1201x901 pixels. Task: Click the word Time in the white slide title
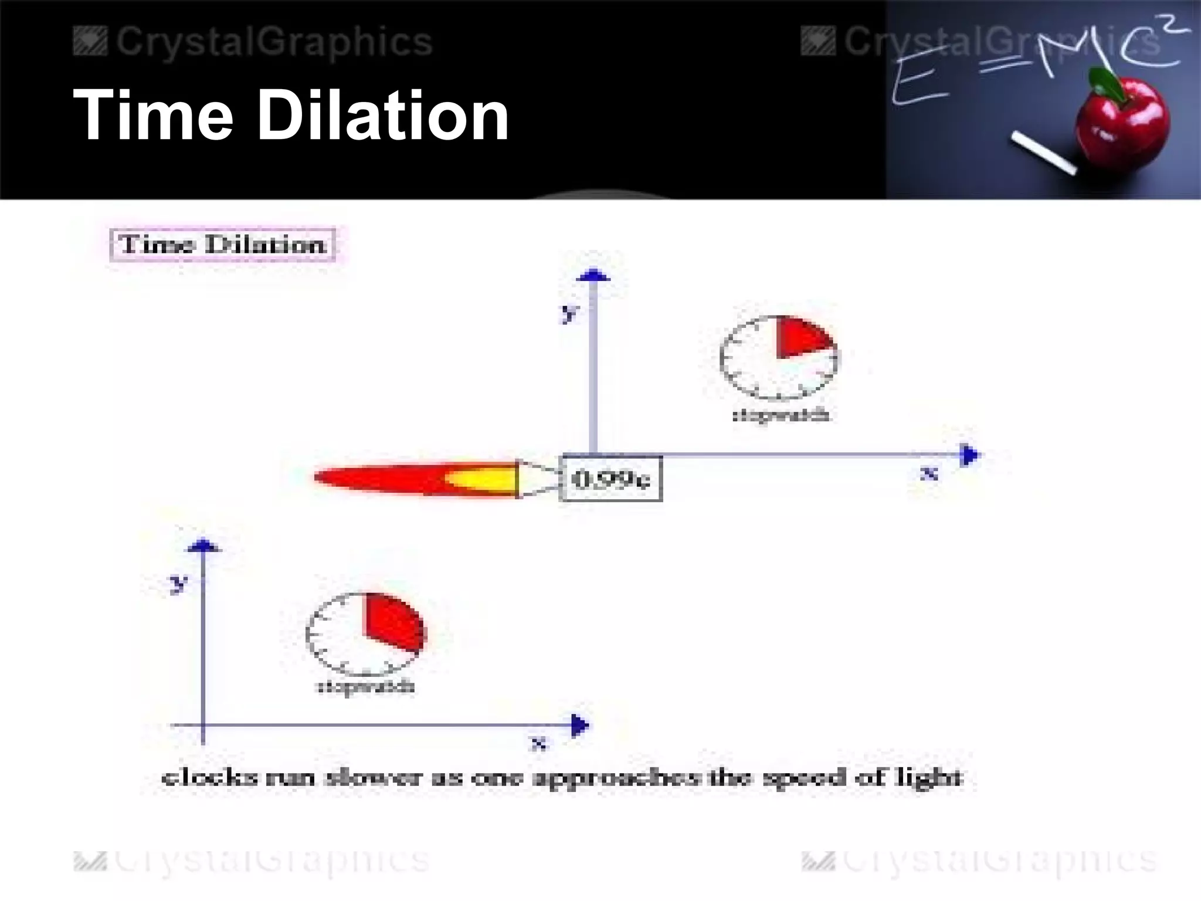[x=153, y=115]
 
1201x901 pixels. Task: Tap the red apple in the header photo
[x=1123, y=126]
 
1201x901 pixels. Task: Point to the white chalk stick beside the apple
[x=1044, y=153]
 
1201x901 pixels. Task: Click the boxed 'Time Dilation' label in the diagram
[x=222, y=244]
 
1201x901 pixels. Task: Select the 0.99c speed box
[x=612, y=479]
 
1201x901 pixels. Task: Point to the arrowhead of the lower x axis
[x=579, y=725]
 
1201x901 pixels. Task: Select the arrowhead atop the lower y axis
[x=203, y=546]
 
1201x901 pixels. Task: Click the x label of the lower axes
[x=538, y=744]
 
